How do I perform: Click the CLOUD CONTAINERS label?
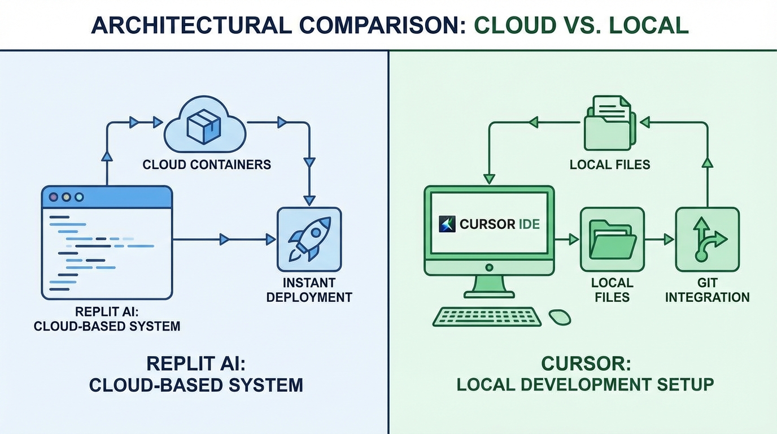coord(207,165)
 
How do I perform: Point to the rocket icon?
coord(308,240)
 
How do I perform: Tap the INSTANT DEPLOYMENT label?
coord(308,289)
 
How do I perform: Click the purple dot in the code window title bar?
coord(54,197)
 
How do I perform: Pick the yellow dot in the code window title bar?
coord(67,197)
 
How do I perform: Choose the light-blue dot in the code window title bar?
coord(79,197)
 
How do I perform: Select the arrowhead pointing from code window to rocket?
coord(224,240)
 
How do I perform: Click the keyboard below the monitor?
coord(487,316)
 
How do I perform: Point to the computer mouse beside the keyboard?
coord(559,316)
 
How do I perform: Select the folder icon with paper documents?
coord(610,123)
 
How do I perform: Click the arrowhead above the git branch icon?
coord(707,163)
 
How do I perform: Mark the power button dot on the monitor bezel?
coord(489,267)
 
